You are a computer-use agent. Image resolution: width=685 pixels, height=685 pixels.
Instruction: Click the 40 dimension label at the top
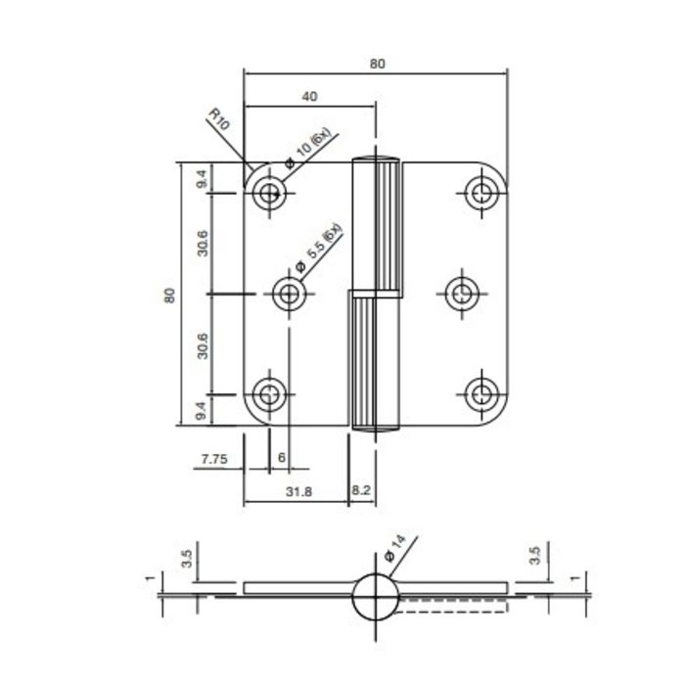tap(310, 96)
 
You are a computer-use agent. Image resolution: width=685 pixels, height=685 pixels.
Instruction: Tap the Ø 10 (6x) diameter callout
tap(308, 150)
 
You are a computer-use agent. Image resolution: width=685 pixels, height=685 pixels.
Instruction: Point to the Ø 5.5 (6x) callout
tap(317, 246)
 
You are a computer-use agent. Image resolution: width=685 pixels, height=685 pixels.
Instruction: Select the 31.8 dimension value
tap(299, 492)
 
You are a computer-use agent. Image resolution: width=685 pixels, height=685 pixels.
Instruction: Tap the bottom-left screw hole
tap(267, 394)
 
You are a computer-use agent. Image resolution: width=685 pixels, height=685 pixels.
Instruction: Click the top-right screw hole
tap(480, 192)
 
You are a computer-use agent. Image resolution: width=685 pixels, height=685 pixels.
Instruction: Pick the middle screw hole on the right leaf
tap(460, 293)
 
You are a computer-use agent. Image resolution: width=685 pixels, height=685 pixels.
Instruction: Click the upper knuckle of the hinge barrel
tap(377, 225)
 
